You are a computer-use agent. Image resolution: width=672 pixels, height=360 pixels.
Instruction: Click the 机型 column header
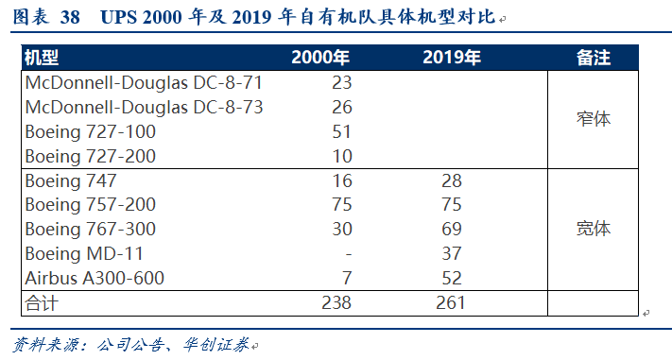coord(42,58)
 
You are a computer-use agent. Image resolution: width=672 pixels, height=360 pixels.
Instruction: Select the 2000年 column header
coord(320,58)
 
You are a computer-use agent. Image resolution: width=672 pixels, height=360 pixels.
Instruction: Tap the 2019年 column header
coord(452,58)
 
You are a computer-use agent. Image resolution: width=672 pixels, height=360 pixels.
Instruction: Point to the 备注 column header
coord(594,58)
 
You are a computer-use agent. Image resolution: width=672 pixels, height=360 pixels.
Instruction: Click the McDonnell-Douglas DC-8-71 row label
coord(144,83)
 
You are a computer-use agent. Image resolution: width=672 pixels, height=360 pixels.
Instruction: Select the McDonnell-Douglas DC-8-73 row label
coord(144,108)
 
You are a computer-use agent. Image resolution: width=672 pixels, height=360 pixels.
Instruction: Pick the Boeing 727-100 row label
coord(91,132)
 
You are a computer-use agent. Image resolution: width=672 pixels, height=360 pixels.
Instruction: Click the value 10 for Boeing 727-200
coord(342,157)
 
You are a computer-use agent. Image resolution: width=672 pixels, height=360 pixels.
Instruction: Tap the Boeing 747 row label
coord(71,180)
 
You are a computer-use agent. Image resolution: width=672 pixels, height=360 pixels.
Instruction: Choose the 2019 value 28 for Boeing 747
coord(452,180)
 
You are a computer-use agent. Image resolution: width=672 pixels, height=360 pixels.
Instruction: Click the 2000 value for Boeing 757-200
coord(342,205)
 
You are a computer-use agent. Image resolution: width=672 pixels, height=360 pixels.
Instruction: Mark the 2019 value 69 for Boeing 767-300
coord(452,230)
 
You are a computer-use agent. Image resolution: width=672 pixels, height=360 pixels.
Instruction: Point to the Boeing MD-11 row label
coord(84,254)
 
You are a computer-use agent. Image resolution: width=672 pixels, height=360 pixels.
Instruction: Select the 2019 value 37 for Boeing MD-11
coord(452,254)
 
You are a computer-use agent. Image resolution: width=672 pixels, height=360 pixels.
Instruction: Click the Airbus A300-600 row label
coord(95,278)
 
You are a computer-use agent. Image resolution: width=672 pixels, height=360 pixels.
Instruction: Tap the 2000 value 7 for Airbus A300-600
coord(347,278)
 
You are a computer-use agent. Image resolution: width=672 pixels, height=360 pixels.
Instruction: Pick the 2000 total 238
coord(336,303)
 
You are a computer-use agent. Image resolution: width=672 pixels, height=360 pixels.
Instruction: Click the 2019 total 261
coord(451,303)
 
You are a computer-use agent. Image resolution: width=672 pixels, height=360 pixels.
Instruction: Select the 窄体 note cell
coord(594,119)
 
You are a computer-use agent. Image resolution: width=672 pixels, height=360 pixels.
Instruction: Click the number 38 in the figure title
coord(70,17)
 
